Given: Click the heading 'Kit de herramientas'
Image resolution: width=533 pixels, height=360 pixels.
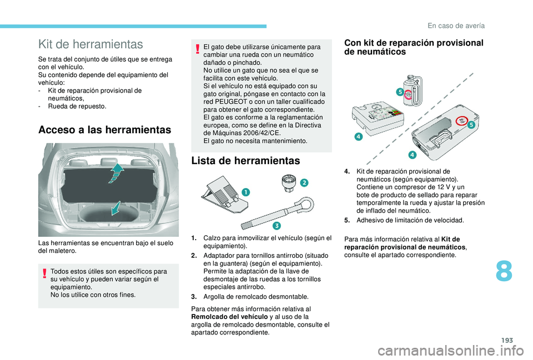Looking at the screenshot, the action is point(90,44).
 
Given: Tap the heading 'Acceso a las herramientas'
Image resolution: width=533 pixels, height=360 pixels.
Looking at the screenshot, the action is point(105,130).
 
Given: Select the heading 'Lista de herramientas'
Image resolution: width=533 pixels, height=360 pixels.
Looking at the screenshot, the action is point(246,160).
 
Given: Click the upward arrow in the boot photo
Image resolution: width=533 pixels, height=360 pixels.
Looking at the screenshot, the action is point(116,173).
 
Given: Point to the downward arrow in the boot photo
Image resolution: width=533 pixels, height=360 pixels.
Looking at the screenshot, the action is point(116,208).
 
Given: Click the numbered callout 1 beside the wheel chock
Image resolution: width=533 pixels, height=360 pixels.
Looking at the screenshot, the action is point(245,192).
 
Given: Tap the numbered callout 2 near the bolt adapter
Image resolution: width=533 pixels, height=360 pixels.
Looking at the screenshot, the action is point(304,182).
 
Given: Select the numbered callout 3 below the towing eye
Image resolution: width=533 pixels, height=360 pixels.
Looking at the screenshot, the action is point(276,226).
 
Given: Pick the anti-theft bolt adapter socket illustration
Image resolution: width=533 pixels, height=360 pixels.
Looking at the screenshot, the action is point(289,184).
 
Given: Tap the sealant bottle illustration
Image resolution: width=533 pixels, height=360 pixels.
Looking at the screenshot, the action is point(413,90).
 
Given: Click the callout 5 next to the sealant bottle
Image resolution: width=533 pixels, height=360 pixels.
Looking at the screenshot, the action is point(400,92).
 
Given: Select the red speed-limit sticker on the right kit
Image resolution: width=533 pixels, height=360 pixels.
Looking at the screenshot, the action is point(461,120).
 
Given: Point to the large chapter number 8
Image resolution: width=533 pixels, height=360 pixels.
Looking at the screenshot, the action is point(504,271).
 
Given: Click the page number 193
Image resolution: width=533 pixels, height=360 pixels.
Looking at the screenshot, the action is point(507,340).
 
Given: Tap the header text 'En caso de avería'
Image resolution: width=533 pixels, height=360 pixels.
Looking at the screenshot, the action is point(456,26).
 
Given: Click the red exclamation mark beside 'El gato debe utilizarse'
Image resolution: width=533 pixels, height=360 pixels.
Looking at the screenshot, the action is point(197,49).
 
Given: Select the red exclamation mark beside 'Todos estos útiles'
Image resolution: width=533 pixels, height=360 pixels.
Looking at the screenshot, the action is point(44,273).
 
